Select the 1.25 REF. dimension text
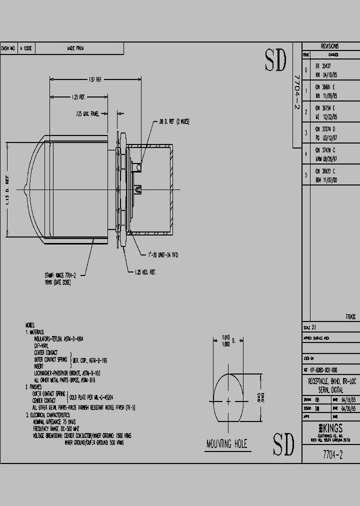click(x=78, y=96)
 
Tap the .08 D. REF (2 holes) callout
click(x=173, y=121)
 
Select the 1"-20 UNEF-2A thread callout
click(x=163, y=255)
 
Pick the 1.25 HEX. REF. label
click(x=145, y=272)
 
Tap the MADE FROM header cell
click(x=75, y=48)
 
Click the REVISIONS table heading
click(x=330, y=45)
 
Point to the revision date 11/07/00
click(x=329, y=180)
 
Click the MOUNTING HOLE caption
click(x=226, y=444)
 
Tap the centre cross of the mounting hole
click(x=228, y=401)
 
